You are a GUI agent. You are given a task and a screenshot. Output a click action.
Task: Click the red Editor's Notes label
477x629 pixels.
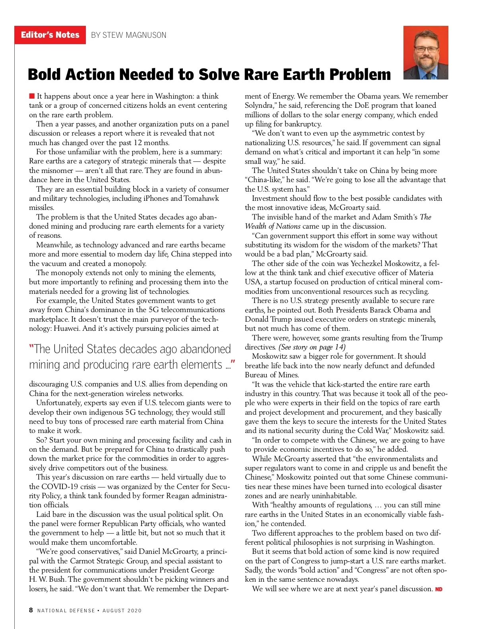(50, 35)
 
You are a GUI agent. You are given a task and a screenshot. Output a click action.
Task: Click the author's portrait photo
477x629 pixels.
(426, 52)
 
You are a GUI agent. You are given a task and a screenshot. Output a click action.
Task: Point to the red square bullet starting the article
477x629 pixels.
(32, 96)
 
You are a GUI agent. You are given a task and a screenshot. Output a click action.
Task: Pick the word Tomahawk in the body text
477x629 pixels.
(201, 198)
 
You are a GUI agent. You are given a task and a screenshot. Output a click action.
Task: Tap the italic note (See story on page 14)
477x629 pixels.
(312, 347)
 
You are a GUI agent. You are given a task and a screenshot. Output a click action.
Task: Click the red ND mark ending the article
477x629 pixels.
(439, 589)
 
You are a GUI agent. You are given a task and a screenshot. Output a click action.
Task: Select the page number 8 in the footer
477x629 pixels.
(31, 610)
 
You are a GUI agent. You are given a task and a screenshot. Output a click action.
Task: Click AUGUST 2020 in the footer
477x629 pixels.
(122, 611)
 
